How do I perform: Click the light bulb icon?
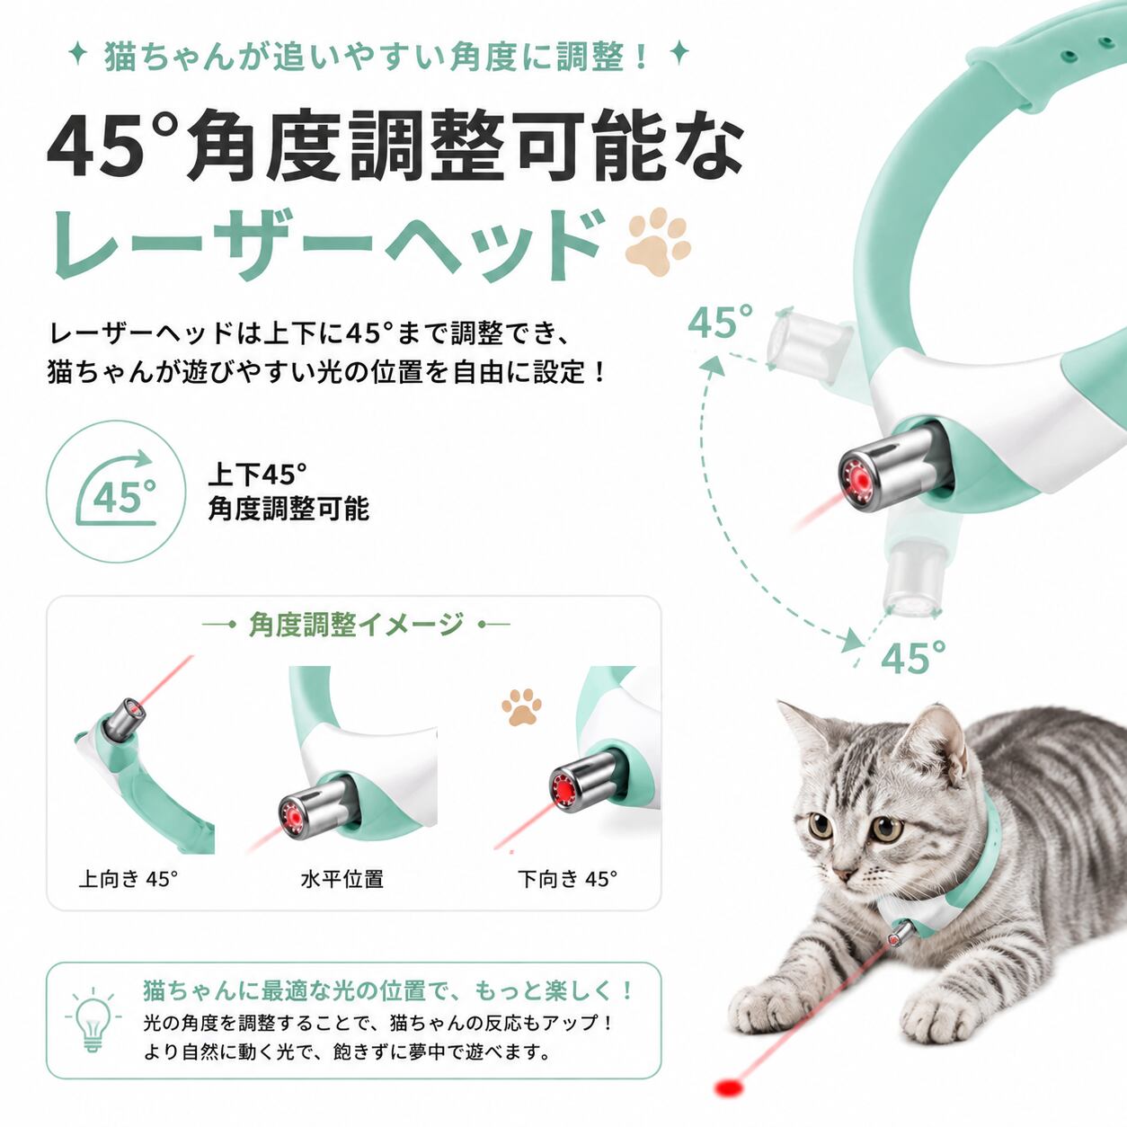(93, 1021)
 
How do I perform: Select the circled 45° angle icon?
(116, 492)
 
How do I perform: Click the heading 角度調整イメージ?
(356, 625)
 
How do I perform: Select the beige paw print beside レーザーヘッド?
(658, 242)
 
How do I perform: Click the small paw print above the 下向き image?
(521, 707)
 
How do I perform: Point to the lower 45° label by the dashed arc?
(913, 657)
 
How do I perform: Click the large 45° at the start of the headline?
(111, 147)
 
